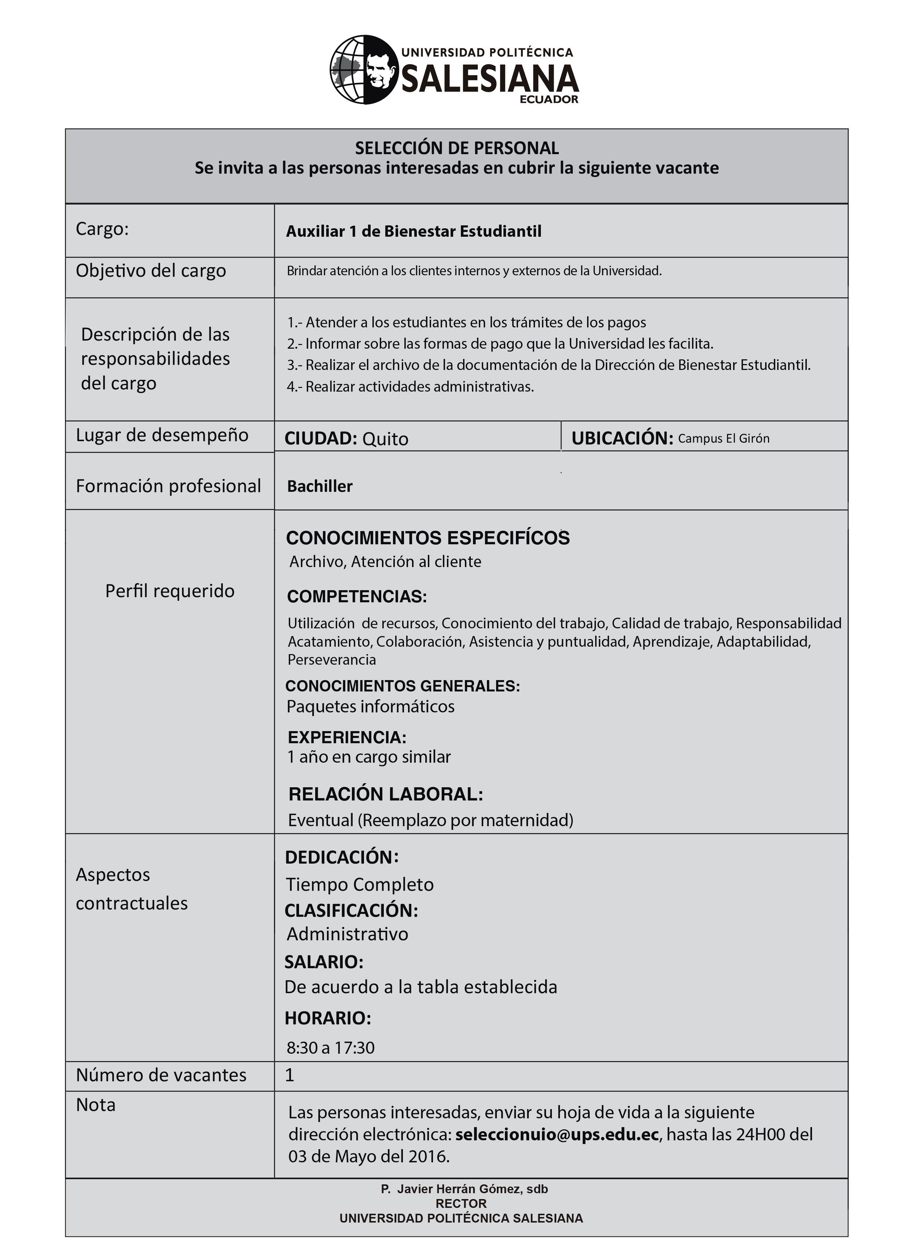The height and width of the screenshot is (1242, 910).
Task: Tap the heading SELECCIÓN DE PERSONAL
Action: (x=457, y=148)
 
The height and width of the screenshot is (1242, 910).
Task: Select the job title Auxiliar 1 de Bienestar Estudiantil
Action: (x=413, y=232)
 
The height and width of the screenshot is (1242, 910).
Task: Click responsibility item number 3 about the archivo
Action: (x=549, y=365)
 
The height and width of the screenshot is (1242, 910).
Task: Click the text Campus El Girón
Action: (x=723, y=439)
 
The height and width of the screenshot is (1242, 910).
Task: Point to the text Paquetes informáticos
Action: (x=370, y=707)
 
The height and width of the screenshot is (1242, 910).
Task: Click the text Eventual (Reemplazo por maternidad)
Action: (x=430, y=820)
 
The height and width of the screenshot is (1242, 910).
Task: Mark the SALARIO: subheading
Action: (x=324, y=962)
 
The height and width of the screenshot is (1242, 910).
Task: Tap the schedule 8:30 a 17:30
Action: (x=331, y=1047)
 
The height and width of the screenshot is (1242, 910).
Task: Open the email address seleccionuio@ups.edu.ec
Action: (x=557, y=1134)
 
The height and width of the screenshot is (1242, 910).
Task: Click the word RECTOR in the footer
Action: (x=461, y=1204)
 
